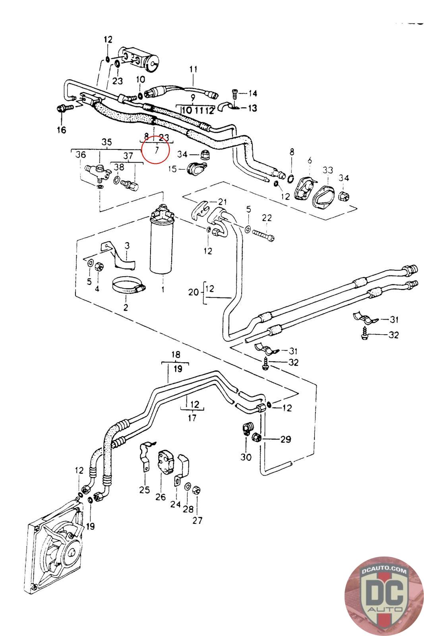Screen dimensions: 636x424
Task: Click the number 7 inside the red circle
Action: [157, 150]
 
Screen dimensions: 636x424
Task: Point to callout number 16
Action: [62, 130]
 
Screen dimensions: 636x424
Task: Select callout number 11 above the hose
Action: [193, 69]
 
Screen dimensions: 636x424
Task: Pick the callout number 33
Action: [328, 170]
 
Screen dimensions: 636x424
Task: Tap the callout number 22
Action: [267, 217]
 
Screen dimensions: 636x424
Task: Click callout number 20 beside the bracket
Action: [194, 292]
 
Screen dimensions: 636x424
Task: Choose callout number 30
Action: [246, 457]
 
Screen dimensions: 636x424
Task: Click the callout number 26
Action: [161, 497]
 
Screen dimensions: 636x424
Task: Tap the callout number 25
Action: [145, 489]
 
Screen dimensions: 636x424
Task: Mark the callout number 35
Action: [106, 142]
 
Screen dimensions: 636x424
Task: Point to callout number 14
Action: [253, 93]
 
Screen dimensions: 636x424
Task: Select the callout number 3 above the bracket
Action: [127, 246]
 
